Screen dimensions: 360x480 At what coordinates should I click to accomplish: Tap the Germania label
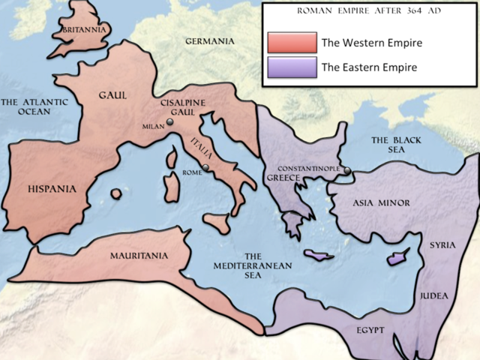[210, 41]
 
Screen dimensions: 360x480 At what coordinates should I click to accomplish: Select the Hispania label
[52, 189]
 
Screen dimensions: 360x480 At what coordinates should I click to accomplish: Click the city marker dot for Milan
[170, 123]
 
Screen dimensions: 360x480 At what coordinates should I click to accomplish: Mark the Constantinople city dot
[347, 170]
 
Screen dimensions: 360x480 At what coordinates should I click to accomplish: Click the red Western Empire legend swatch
[291, 43]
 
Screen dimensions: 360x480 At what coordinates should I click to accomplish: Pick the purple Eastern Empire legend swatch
[291, 67]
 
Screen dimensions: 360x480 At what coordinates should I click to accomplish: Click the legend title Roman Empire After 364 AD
[367, 11]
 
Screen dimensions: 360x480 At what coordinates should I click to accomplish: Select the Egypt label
[370, 330]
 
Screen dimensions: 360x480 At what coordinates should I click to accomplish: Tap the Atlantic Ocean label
[34, 106]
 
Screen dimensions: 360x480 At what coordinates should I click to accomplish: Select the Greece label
[282, 178]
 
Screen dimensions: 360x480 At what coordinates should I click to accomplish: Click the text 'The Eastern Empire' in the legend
[369, 67]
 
